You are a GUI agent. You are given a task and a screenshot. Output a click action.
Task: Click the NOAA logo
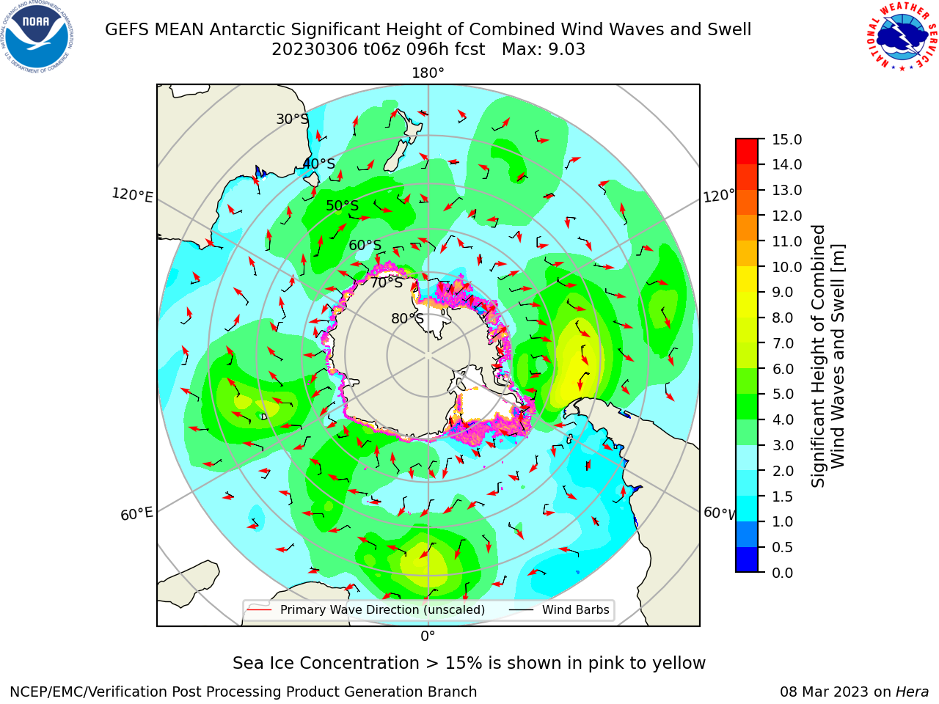37,37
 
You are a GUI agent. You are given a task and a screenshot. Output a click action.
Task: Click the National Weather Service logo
902,36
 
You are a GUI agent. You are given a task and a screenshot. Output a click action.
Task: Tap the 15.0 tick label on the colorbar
786,139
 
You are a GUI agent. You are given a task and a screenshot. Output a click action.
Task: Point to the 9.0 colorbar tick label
783,293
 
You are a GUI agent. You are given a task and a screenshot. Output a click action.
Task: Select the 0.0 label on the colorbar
783,573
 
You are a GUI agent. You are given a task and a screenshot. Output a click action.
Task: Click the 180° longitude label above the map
428,73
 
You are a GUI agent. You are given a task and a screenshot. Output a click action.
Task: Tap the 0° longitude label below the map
428,637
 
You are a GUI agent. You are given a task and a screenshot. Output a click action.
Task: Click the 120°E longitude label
132,195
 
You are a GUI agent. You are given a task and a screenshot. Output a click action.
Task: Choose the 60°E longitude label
136,514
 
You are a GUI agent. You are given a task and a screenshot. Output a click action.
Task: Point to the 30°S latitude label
292,119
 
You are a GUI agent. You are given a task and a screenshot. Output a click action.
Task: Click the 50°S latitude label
343,205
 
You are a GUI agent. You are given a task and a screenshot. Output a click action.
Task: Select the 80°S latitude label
407,318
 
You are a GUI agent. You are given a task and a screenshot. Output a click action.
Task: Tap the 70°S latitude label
387,282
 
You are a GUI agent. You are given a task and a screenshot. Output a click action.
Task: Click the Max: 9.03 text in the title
544,49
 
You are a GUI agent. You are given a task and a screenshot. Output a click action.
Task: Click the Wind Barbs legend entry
560,610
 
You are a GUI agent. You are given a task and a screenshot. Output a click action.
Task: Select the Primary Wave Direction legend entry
366,610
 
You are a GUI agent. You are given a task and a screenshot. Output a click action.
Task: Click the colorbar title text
827,356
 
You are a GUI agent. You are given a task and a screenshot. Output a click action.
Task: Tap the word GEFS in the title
127,29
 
